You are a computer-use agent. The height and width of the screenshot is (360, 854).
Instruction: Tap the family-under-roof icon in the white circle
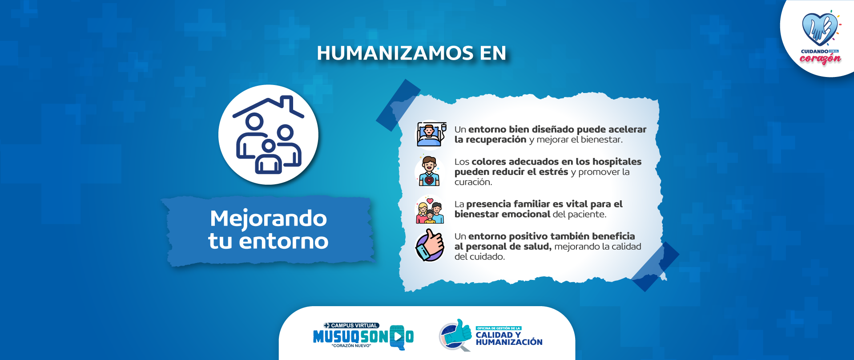click(268, 135)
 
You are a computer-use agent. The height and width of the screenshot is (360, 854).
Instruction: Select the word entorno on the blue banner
click(283, 241)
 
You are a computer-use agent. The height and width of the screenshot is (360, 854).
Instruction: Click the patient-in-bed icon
click(430, 134)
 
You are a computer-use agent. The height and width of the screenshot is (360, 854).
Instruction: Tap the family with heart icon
click(430, 210)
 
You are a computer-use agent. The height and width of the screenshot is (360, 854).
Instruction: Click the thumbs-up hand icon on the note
click(430, 245)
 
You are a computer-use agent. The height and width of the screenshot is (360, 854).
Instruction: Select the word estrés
click(553, 172)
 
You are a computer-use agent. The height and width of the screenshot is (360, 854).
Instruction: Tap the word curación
click(473, 182)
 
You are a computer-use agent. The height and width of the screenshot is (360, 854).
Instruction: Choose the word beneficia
click(613, 236)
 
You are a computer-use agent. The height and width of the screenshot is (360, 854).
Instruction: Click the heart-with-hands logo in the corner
click(819, 29)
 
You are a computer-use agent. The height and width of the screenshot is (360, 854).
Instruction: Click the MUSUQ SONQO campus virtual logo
click(363, 336)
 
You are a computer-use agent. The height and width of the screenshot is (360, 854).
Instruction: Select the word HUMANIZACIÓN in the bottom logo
click(509, 342)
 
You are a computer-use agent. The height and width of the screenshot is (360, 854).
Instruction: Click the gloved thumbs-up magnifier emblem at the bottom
click(455, 335)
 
